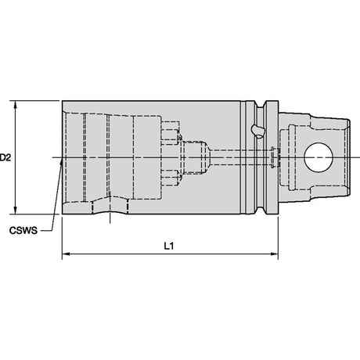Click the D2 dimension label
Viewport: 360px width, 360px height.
(5, 157)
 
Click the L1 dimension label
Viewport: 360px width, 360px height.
(169, 246)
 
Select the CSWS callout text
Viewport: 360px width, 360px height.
(23, 231)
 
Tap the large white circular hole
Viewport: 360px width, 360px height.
(319, 157)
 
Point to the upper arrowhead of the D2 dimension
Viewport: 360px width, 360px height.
(16, 104)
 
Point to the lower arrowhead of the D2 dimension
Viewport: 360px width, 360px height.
(16, 211)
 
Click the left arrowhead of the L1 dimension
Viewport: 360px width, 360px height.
(67, 254)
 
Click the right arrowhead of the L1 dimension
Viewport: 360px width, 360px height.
(274, 254)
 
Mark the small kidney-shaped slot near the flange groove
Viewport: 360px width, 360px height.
(258, 131)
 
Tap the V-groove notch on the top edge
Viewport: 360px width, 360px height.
(260, 104)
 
